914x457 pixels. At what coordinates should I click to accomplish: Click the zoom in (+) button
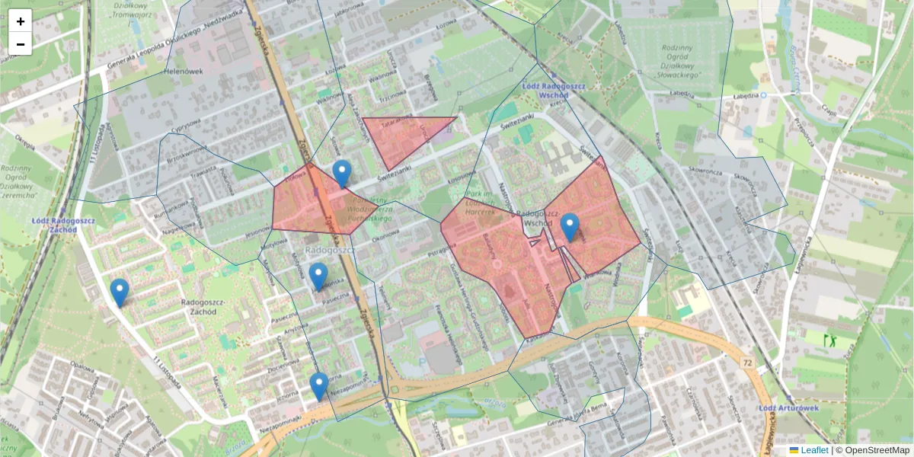[x=21, y=21]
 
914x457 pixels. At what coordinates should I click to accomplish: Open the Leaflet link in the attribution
[x=813, y=450]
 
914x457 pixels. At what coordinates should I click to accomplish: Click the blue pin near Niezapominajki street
[x=319, y=386]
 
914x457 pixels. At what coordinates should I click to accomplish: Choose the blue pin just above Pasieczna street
[x=318, y=276]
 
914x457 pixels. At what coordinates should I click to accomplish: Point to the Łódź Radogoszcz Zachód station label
[x=64, y=225]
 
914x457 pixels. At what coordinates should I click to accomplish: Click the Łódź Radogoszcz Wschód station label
[x=554, y=91]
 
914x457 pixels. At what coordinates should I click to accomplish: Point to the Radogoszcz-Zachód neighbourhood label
[x=201, y=307]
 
